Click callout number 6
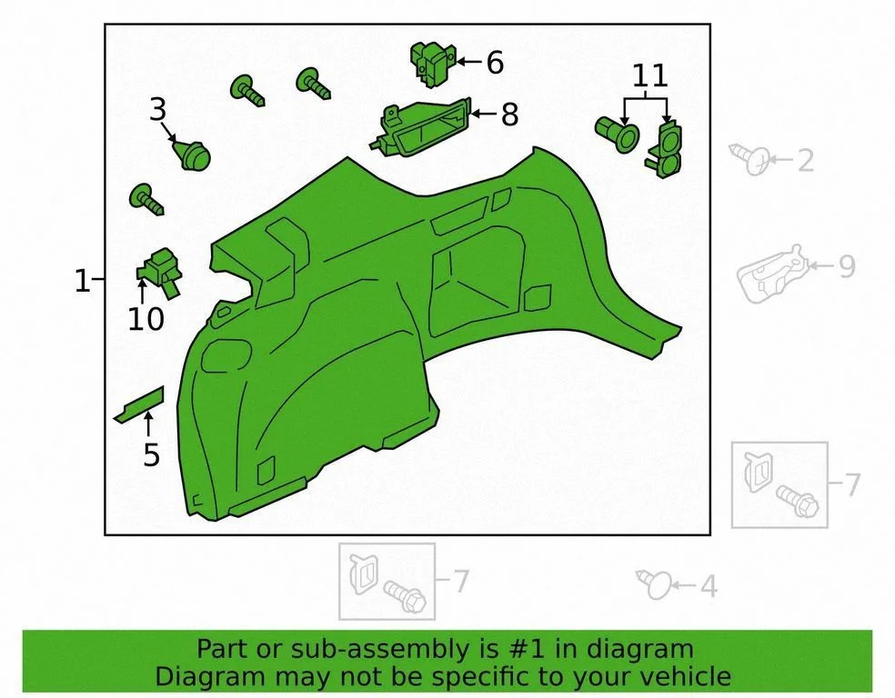coord(495,62)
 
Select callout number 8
coord(509,115)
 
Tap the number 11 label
coord(650,75)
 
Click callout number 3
coord(158,109)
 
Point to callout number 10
coord(146,319)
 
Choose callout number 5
coord(151,454)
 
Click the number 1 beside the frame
coord(82,281)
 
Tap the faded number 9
coord(847,266)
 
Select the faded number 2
coord(805,160)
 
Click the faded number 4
coord(709,586)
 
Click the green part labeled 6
coord(433,64)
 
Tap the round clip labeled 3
coord(192,154)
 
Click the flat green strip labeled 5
coord(139,404)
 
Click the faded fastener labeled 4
coord(655,584)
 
